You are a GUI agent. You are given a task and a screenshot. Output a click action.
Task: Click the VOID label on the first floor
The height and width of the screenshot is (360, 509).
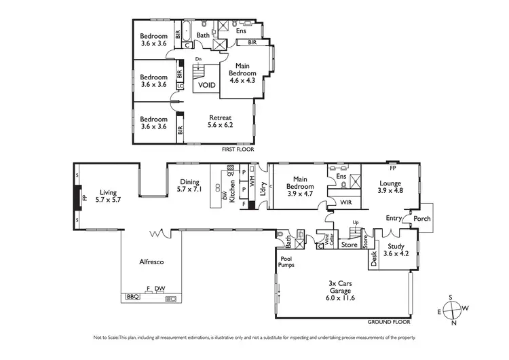(x=207, y=86)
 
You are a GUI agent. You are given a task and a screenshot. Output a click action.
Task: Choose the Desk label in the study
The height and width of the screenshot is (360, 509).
(x=373, y=258)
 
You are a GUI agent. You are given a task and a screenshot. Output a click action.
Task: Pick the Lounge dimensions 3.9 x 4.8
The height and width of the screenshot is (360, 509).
(x=390, y=191)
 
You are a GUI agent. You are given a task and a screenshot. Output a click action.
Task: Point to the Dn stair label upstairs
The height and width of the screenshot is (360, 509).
(x=198, y=60)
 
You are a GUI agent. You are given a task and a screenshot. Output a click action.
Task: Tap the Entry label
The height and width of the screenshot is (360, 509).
(x=393, y=218)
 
